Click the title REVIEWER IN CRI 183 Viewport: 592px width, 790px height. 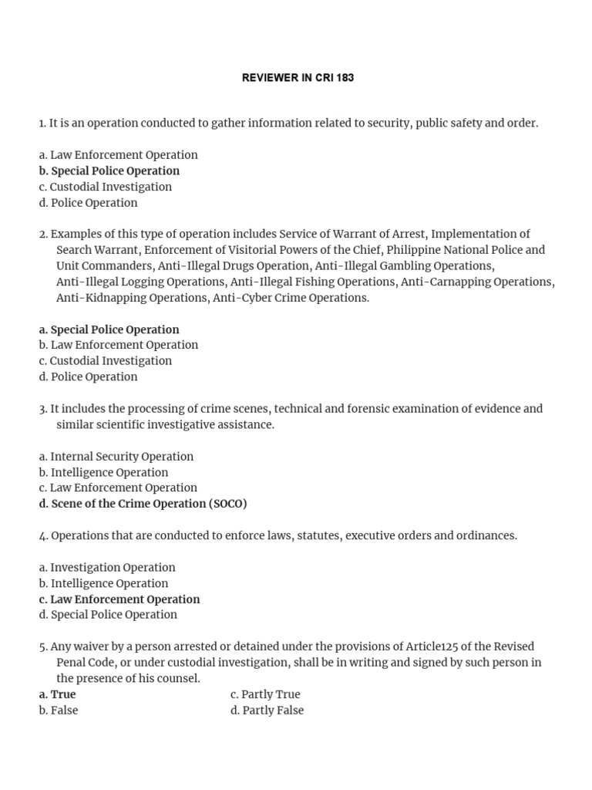point(298,78)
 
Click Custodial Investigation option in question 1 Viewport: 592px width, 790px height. point(105,187)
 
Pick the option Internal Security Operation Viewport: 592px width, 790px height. point(116,457)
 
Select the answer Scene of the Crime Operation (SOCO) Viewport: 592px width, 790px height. point(143,504)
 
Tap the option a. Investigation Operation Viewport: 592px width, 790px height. point(107,567)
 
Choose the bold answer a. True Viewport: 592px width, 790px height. point(57,694)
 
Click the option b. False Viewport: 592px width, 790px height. point(59,711)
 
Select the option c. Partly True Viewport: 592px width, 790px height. point(265,694)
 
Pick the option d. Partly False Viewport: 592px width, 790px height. point(267,711)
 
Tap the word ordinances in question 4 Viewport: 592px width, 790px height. point(485,535)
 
